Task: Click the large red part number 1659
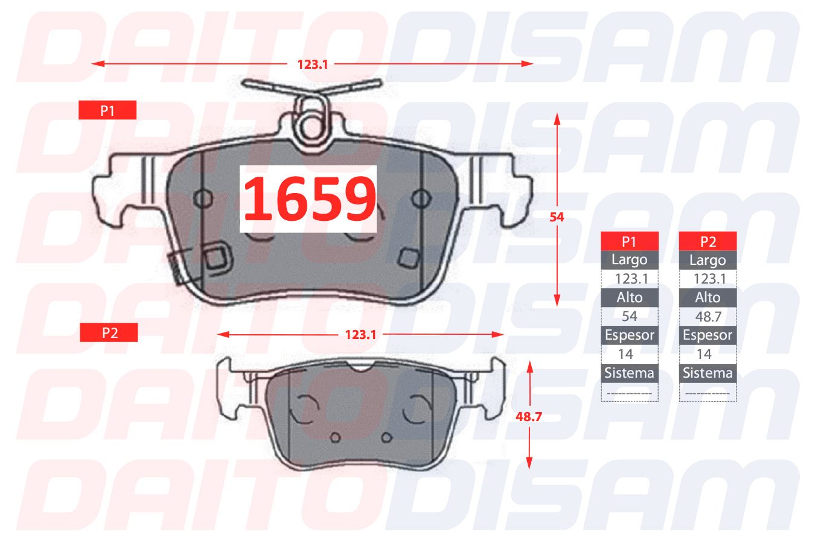(309, 198)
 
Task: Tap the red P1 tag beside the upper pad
(107, 110)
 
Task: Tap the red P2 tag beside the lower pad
(109, 333)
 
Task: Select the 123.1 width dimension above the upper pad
(313, 65)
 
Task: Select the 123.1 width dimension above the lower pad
(360, 335)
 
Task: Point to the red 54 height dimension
(557, 217)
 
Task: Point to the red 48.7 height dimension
(529, 417)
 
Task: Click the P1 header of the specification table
(630, 241)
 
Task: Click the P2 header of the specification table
(708, 241)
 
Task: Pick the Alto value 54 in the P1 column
(630, 316)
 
